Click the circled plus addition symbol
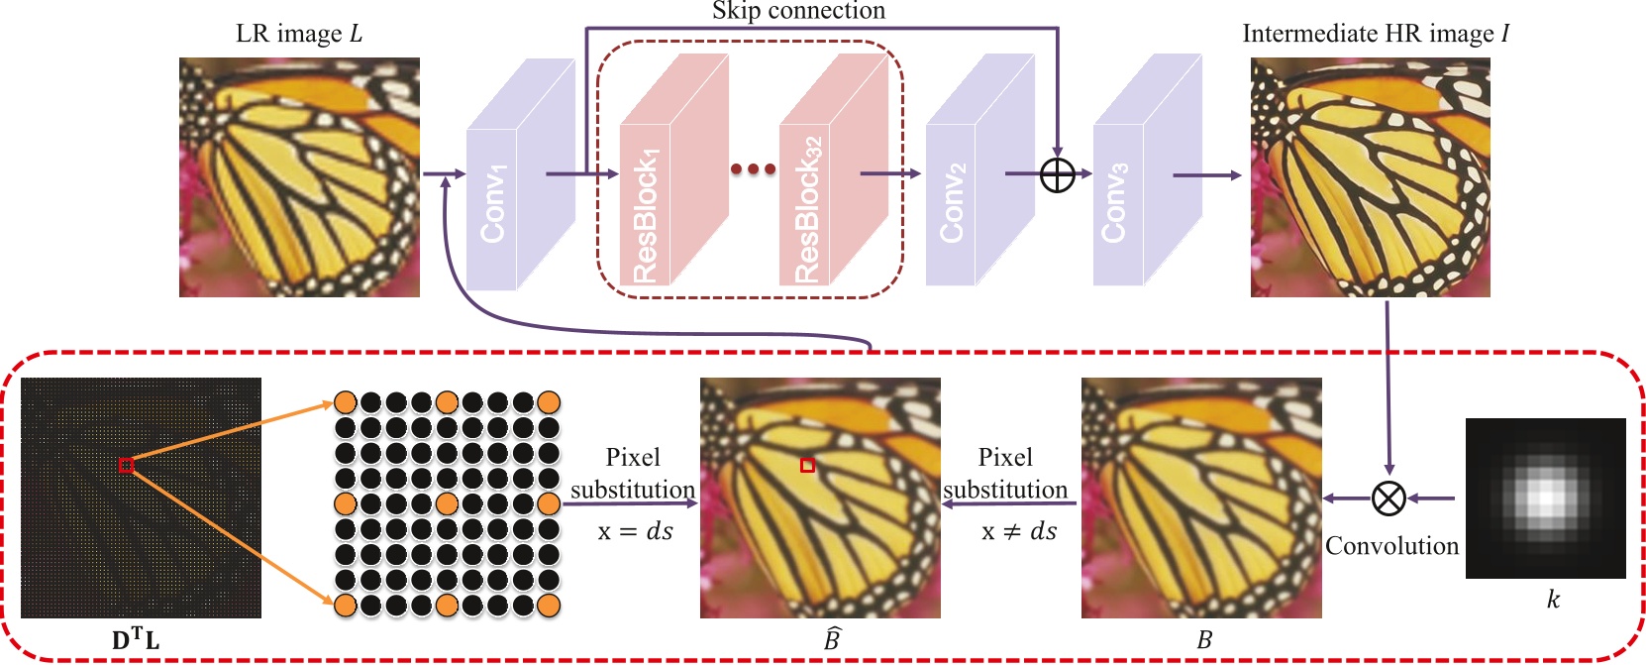tap(1058, 175)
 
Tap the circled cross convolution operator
tap(1389, 498)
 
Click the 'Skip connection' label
tap(798, 11)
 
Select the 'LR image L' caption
tap(299, 34)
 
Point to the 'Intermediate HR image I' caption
tap(1375, 34)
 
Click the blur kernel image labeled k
tap(1545, 498)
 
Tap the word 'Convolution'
tap(1391, 546)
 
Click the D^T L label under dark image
tap(136, 640)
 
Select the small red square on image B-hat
tap(807, 465)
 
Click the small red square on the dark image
tap(126, 465)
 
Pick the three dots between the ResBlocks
tap(753, 168)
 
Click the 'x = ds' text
tap(635, 531)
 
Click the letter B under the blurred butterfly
tap(1204, 640)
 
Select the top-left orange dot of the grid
tap(345, 402)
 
